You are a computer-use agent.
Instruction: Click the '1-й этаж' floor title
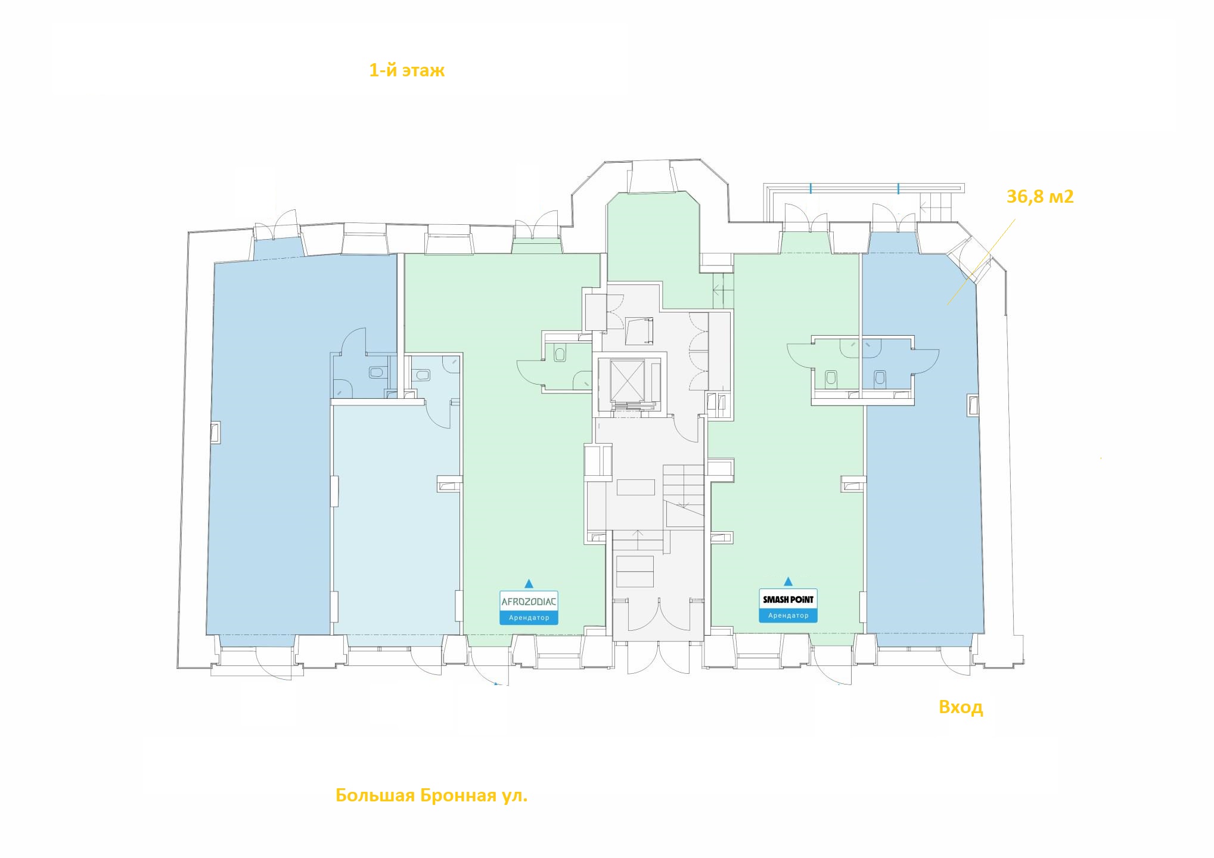[407, 71]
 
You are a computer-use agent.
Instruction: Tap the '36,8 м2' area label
[1040, 196]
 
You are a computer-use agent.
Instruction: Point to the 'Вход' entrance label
[961, 707]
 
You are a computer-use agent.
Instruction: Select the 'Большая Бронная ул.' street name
[431, 795]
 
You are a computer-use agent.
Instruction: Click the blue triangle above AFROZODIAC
[529, 583]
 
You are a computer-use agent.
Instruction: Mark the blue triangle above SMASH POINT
[788, 581]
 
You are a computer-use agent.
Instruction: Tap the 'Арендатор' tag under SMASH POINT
[788, 616]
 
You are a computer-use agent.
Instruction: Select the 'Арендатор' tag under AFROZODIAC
[529, 618]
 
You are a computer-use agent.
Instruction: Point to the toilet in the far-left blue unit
[376, 373]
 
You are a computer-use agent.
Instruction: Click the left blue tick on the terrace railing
[811, 189]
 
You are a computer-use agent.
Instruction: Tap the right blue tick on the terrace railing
[898, 189]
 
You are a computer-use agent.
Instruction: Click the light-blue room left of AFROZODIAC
[396, 519]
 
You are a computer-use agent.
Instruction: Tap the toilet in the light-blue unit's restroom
[423, 375]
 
